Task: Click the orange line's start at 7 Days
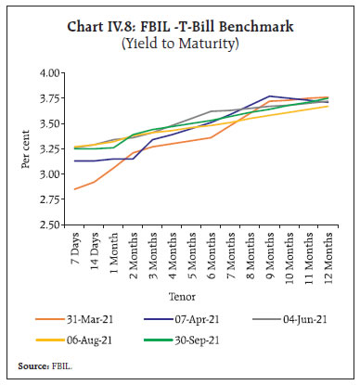(75, 189)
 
